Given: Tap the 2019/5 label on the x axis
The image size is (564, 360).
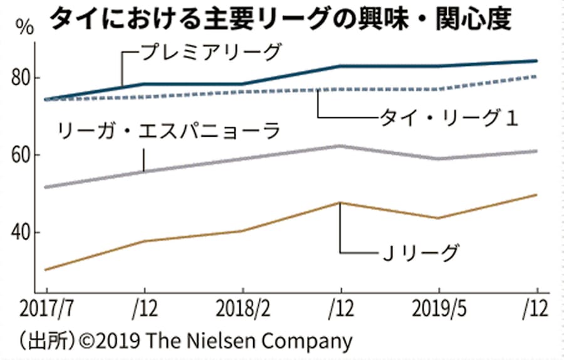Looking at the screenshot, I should pyautogui.click(x=438, y=309).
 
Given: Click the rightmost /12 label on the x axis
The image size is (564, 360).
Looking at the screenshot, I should pyautogui.click(x=536, y=309).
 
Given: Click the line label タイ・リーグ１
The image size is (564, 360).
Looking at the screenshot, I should pyautogui.click(x=449, y=118).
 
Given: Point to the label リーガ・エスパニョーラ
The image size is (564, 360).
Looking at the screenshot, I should pyautogui.click(x=168, y=132).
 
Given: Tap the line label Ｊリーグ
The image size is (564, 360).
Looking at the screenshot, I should pyautogui.click(x=420, y=253).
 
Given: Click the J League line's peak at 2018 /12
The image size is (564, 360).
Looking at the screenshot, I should pyautogui.click(x=340, y=203).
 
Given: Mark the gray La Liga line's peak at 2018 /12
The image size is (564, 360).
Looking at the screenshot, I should pyautogui.click(x=340, y=146).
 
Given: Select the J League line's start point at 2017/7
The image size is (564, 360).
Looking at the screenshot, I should pyautogui.click(x=46, y=270).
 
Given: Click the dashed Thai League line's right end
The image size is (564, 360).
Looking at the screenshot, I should pyautogui.click(x=537, y=76).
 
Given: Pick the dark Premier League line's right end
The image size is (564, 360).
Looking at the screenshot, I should pyautogui.click(x=537, y=61).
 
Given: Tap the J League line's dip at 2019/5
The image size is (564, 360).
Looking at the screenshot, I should pyautogui.click(x=439, y=218).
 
